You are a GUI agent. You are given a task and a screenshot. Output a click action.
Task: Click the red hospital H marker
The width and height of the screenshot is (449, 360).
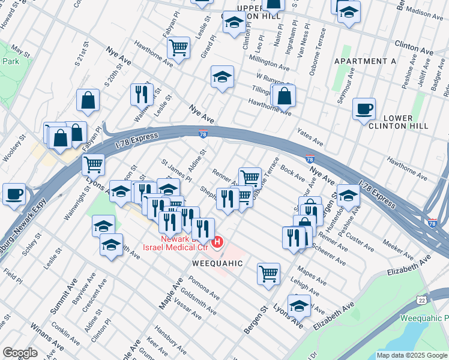pos(218,242)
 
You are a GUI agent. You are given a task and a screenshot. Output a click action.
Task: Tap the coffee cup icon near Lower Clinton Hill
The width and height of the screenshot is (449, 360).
pos(364,110)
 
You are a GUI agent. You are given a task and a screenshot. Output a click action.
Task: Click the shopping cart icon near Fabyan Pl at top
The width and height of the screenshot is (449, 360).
pos(178,47)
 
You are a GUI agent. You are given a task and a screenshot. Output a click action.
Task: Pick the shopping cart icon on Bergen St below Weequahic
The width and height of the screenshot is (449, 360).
pos(268,274)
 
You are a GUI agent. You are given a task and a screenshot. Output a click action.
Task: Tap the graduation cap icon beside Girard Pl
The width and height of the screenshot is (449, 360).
pos(222,77)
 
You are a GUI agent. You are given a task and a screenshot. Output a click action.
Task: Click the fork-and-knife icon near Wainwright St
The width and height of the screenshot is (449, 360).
pos(142,94)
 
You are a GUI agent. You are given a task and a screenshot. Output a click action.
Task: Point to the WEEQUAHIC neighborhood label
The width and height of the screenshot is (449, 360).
pos(217,263)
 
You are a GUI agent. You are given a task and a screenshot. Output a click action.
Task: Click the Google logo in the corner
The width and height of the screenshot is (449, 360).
pos(20,353)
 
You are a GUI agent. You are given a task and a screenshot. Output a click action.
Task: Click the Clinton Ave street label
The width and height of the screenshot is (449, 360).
pos(414,45)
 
